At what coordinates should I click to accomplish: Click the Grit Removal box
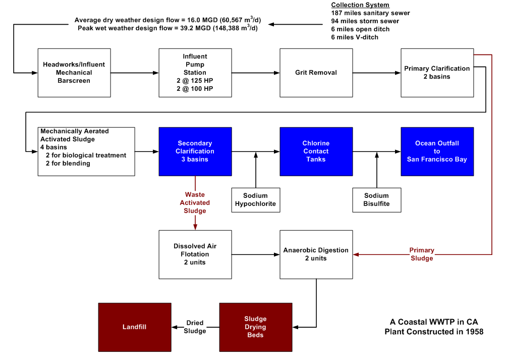pos(316,73)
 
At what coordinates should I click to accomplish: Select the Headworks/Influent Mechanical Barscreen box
pos(74,73)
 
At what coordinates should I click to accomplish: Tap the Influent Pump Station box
pos(195,73)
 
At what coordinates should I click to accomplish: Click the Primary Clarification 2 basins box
pos(437,73)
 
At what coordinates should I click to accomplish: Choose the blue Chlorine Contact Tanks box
pos(316,151)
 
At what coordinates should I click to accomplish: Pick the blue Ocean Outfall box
pos(437,151)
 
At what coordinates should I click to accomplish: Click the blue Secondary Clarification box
pos(195,151)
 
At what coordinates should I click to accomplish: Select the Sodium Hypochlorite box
pos(255,200)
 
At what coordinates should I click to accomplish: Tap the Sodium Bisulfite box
pos(376,200)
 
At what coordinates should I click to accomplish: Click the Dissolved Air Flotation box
pos(195,254)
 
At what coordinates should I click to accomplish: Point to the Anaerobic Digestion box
pos(316,254)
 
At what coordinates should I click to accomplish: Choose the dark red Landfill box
pos(135,327)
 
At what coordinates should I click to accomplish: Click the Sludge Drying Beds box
pos(255,327)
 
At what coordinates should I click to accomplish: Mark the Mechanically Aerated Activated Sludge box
pos(86,151)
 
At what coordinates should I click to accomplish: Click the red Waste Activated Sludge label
pos(195,202)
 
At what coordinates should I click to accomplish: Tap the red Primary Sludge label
pos(422,254)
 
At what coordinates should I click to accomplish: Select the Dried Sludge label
pos(195,327)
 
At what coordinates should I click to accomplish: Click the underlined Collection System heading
pos(360,5)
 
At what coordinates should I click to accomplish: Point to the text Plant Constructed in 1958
pos(434,332)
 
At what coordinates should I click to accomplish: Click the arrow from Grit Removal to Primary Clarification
pos(376,73)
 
